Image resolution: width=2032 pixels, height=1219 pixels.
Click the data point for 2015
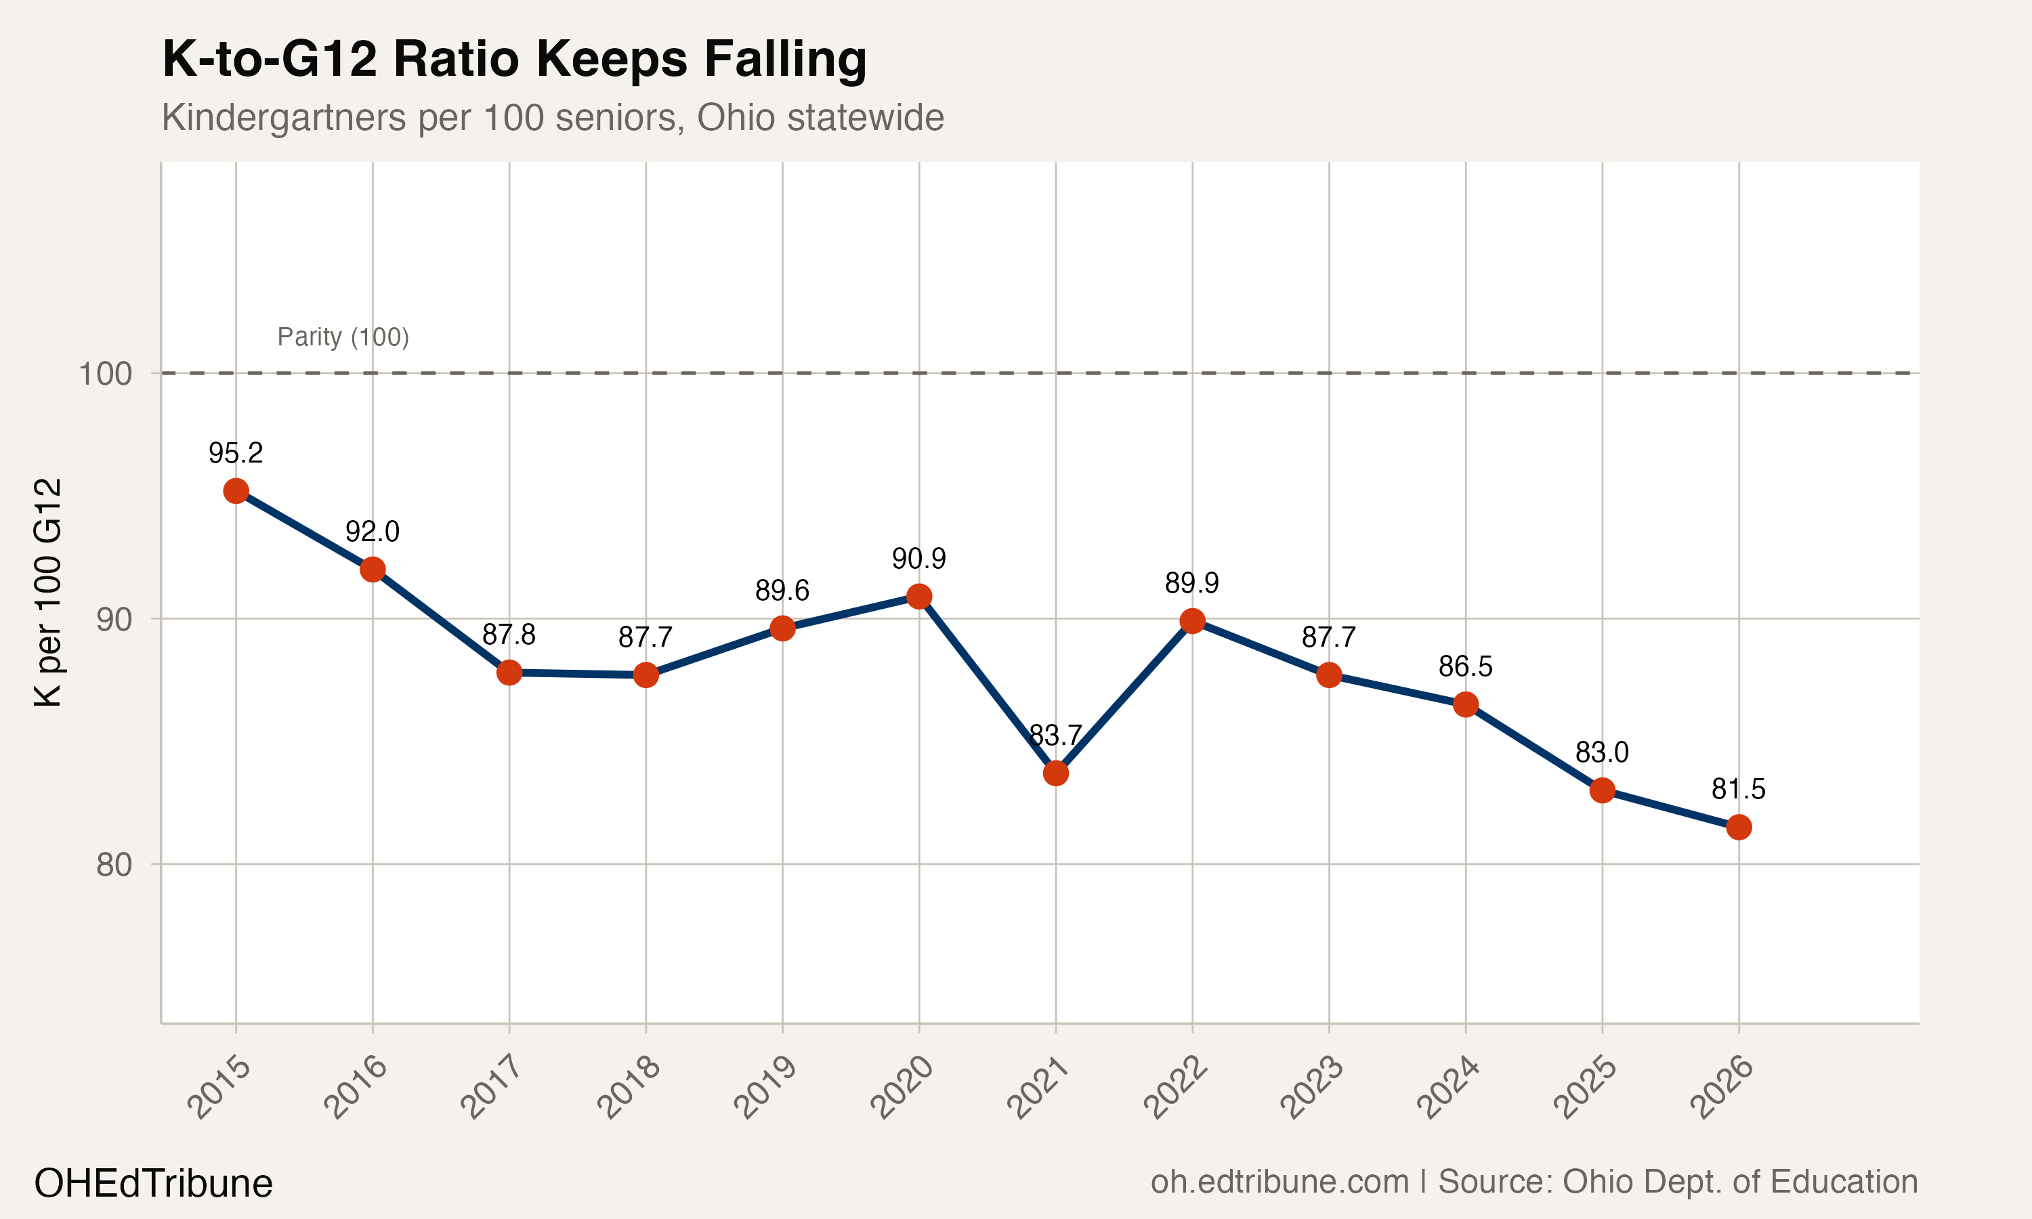tap(236, 491)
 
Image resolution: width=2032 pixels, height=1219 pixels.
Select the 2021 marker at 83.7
tap(1055, 773)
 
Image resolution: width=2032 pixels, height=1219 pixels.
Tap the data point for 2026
tap(1739, 827)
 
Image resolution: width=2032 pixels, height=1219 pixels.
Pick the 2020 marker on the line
tap(919, 597)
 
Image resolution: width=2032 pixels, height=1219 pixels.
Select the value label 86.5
tap(1465, 666)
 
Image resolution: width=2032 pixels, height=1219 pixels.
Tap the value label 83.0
tap(1602, 752)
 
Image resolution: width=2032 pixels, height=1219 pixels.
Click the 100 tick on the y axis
tap(105, 374)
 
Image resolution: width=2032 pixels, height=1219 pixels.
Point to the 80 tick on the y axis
tap(114, 864)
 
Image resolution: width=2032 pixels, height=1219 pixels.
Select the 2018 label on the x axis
tap(629, 1088)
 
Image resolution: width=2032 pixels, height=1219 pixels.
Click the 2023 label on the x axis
tap(1313, 1088)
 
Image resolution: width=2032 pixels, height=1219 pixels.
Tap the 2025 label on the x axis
tap(1585, 1088)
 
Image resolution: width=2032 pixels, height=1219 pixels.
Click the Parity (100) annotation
tap(343, 337)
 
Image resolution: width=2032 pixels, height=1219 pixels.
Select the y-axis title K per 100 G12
tap(49, 593)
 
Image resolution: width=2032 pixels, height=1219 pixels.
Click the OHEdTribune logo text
tap(154, 1184)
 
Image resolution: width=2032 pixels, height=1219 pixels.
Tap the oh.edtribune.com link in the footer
tap(1279, 1182)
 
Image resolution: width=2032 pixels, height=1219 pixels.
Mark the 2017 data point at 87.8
tap(509, 672)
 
